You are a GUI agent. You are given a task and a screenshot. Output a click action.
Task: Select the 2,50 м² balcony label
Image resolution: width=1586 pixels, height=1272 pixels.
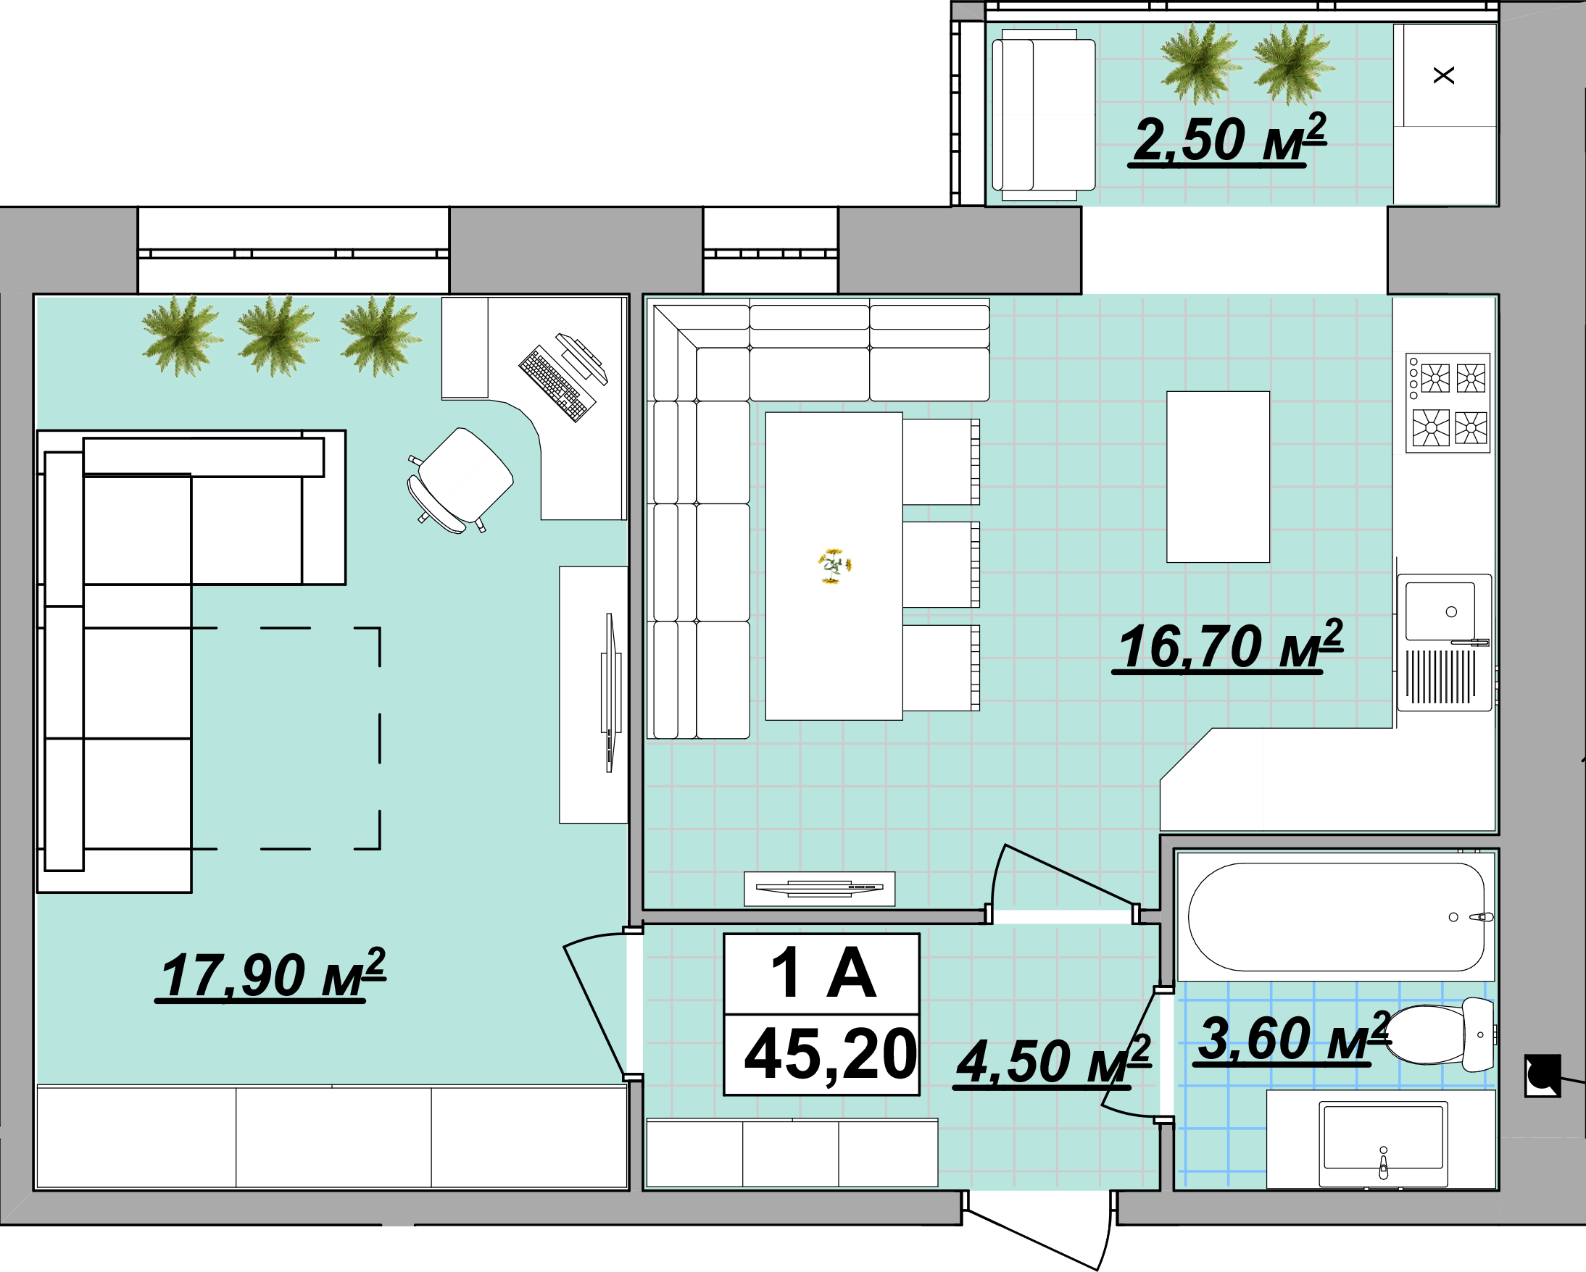[x=1228, y=139]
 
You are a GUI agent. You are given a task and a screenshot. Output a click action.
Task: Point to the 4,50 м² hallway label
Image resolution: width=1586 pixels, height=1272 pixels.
[x=1052, y=1061]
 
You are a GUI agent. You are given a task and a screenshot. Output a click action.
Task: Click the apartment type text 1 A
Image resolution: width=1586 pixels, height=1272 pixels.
[x=823, y=973]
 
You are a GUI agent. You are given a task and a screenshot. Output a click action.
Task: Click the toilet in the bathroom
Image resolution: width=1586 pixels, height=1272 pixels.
[x=1440, y=1034]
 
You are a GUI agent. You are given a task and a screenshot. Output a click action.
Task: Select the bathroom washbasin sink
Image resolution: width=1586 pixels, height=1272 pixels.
[x=1383, y=1143]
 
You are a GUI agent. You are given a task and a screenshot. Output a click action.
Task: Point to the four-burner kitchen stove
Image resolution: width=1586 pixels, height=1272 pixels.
[x=1448, y=403]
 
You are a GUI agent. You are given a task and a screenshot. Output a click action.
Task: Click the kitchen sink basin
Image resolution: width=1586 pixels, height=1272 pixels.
[x=1440, y=611]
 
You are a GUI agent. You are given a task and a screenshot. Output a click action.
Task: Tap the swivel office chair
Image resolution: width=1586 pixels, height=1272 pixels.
[x=460, y=480]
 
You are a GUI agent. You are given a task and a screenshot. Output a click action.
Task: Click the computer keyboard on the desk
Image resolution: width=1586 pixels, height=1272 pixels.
[x=557, y=383]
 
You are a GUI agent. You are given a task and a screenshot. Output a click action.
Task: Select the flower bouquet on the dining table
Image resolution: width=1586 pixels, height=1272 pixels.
[x=834, y=566]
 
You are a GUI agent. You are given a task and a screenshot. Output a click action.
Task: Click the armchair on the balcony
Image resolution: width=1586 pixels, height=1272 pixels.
[x=1043, y=114]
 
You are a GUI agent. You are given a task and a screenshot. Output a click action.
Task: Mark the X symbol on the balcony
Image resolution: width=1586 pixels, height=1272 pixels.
[x=1444, y=75]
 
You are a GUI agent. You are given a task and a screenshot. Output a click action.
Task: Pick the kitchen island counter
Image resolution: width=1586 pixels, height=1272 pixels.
[x=1218, y=477]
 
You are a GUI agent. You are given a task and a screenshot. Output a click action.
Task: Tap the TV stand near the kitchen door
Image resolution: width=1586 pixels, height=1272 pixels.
[x=820, y=889]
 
